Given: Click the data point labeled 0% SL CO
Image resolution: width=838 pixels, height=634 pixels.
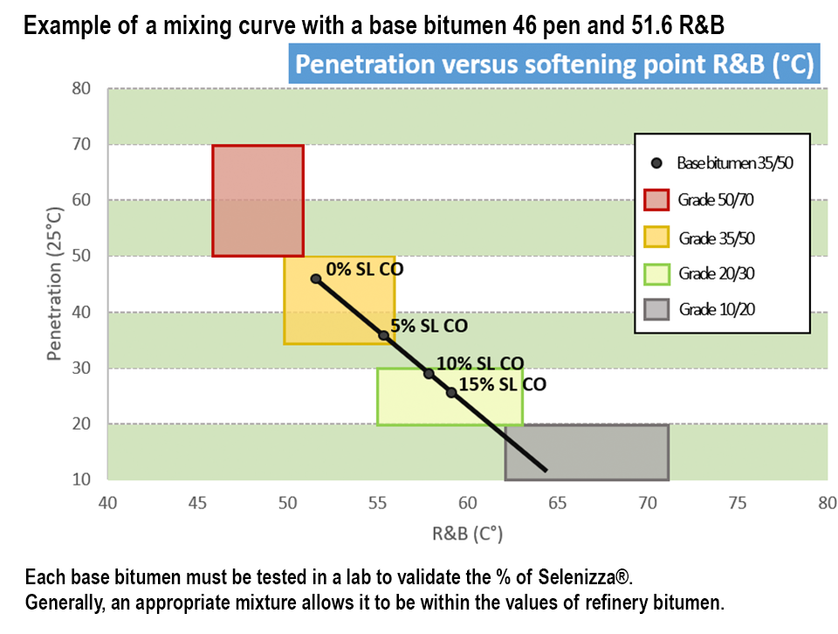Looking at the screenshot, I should [316, 279].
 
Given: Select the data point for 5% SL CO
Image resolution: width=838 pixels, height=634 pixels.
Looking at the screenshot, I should [383, 335].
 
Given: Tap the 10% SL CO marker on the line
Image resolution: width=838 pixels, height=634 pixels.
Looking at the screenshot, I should [429, 373].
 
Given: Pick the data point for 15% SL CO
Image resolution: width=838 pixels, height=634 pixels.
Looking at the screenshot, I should [451, 392].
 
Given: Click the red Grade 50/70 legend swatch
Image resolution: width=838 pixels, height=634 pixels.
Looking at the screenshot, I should [656, 200].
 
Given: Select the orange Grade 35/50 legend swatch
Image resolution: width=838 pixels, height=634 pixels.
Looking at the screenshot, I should [656, 237].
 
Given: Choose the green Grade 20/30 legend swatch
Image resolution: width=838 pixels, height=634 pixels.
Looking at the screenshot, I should [656, 273].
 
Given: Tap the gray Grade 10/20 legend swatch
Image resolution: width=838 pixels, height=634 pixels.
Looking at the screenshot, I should [656, 310].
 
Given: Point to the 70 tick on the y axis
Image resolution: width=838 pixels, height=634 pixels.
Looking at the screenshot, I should [81, 144].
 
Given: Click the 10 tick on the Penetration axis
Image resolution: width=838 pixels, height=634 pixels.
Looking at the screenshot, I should [81, 479].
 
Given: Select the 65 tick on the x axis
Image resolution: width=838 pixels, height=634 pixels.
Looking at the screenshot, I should [558, 503].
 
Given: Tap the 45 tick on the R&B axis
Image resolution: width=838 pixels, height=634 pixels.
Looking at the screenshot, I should [198, 503].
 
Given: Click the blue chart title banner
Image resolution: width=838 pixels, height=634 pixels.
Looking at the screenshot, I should [554, 65].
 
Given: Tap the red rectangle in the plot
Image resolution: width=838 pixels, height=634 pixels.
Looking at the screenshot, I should [258, 201].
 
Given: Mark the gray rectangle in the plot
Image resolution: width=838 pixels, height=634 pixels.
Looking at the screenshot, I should [587, 452].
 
